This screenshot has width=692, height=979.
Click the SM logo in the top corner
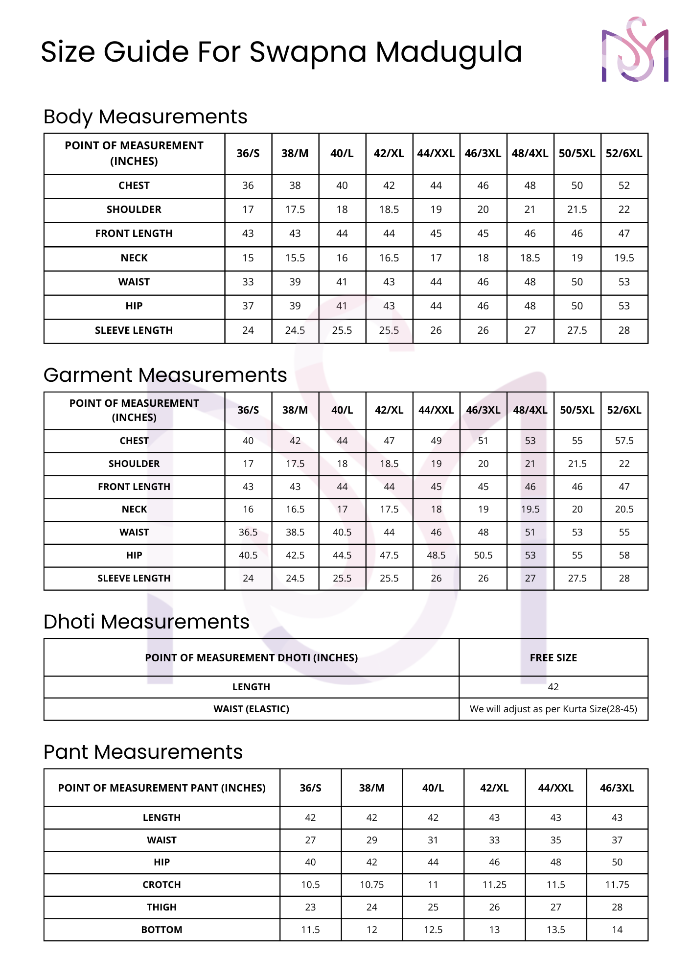(x=635, y=49)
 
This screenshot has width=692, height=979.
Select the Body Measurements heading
(x=145, y=117)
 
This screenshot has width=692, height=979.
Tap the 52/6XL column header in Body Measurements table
(x=624, y=153)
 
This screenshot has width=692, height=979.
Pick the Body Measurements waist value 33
(x=248, y=282)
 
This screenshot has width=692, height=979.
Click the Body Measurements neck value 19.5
(x=624, y=258)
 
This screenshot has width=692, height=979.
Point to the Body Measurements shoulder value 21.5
(x=577, y=210)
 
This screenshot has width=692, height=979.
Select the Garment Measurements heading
(x=165, y=375)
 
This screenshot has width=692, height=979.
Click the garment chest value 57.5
(x=624, y=441)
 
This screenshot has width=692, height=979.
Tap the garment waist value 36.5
(x=248, y=532)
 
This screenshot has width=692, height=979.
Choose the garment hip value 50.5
(x=483, y=555)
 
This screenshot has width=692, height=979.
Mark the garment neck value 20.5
(x=624, y=509)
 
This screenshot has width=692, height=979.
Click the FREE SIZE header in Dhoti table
(x=553, y=657)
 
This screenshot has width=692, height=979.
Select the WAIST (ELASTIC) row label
(x=251, y=709)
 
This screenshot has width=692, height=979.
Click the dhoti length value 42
(x=553, y=687)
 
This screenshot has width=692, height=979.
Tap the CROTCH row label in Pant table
(x=161, y=885)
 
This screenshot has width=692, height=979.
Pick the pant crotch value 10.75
(x=371, y=885)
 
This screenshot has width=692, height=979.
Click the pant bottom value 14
(x=617, y=930)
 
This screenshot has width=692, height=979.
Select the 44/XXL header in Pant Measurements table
(x=555, y=788)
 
